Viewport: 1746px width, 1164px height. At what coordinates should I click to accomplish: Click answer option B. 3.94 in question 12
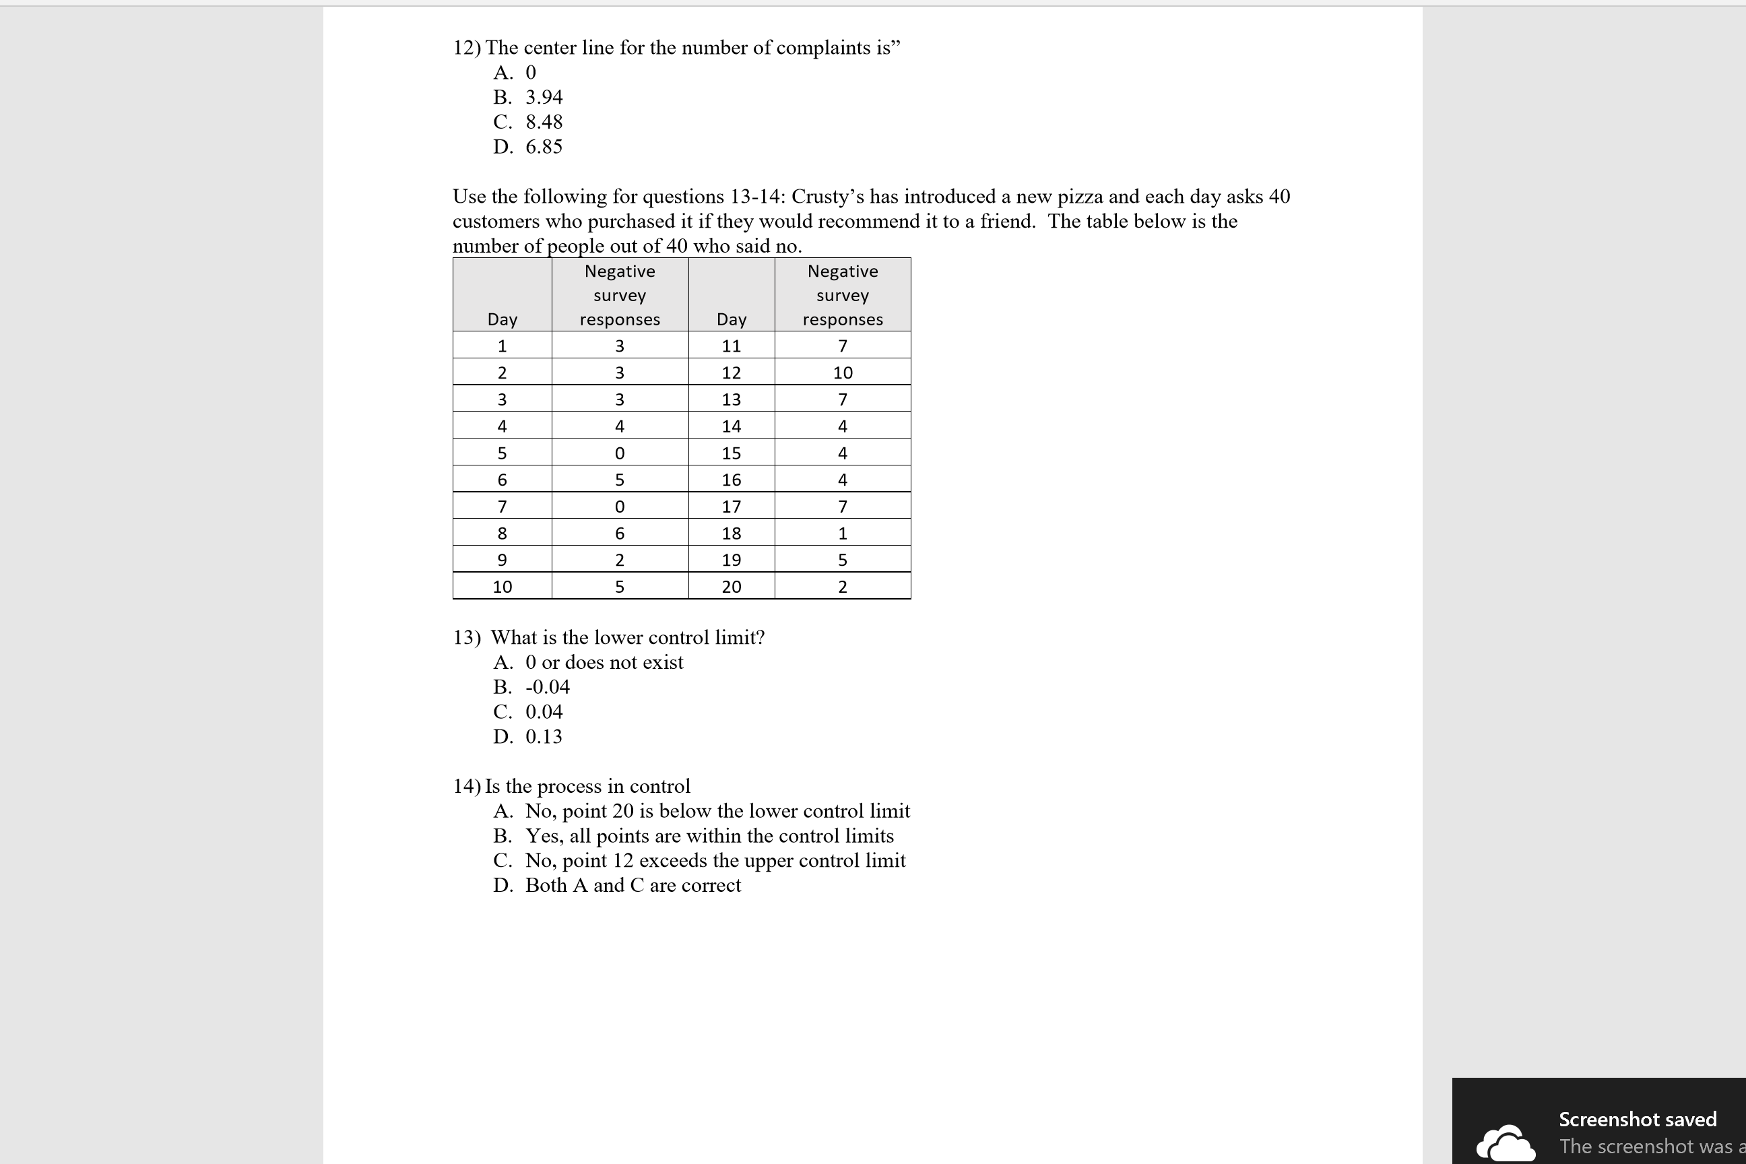tap(528, 97)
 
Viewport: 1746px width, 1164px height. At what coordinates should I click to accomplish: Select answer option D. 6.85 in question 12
tap(528, 147)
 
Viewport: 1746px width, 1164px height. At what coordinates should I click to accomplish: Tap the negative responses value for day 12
tap(843, 373)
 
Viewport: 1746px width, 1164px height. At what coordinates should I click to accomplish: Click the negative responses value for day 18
tap(843, 533)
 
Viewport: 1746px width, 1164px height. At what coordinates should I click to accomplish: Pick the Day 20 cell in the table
tap(732, 587)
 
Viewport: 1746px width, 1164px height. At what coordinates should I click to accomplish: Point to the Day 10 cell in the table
tap(503, 587)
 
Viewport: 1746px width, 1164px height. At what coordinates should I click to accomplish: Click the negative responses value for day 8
tap(620, 533)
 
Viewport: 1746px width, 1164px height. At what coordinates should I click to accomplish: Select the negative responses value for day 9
tap(620, 560)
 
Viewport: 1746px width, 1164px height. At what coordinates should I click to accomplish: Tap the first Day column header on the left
tap(503, 319)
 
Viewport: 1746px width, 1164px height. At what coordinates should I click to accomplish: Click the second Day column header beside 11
tap(732, 319)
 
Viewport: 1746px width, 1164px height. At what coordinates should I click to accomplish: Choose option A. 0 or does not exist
tap(588, 662)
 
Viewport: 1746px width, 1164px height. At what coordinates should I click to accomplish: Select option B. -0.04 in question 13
tap(531, 687)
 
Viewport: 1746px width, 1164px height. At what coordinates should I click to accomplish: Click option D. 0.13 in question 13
tap(528, 736)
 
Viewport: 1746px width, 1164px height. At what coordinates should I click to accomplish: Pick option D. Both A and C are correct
tap(617, 886)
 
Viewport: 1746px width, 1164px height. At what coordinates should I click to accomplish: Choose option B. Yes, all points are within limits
tap(693, 836)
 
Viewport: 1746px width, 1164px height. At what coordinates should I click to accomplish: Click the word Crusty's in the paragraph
tap(827, 197)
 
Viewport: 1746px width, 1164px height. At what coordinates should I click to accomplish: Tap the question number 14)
tap(467, 786)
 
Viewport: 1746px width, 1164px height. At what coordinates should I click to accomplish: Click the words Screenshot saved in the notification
tap(1637, 1119)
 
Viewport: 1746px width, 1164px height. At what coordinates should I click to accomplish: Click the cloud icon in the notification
tap(1506, 1144)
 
